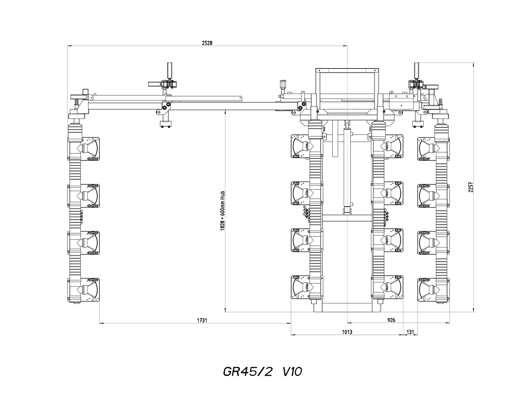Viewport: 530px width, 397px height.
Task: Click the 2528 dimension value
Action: [x=207, y=43]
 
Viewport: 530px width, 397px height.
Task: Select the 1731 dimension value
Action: [x=202, y=320]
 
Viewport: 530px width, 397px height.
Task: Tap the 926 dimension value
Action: [x=391, y=320]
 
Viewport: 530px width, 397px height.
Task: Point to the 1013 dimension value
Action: [x=347, y=332]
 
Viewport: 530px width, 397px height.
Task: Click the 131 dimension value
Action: [x=410, y=332]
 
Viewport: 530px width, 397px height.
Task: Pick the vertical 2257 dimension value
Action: [x=471, y=187]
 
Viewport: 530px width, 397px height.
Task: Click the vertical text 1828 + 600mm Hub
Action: [x=222, y=211]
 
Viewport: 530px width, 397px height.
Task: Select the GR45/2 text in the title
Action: [x=247, y=372]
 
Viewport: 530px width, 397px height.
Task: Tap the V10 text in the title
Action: [x=292, y=372]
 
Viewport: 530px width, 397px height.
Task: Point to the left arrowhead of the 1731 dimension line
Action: [x=101, y=324]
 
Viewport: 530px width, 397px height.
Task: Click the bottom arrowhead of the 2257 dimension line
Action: [x=473, y=310]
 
